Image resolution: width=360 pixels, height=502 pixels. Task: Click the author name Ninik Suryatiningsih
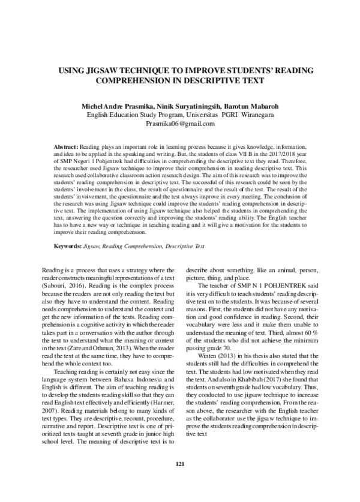187,106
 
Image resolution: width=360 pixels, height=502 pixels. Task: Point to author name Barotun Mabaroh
251,106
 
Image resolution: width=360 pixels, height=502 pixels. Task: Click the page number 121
179,481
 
